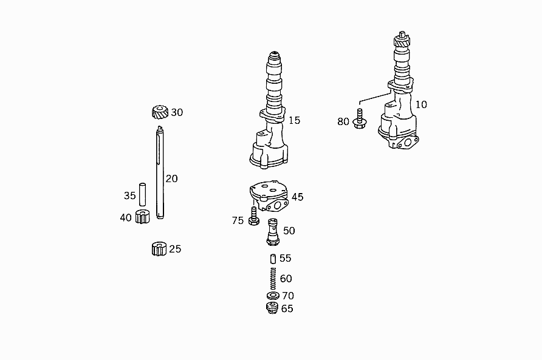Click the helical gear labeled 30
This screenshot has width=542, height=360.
click(x=160, y=112)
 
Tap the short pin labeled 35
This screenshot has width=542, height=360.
click(x=142, y=194)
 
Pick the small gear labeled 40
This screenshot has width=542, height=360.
click(x=142, y=217)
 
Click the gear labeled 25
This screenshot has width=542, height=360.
click(x=159, y=249)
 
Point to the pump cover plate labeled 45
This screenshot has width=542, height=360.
click(x=269, y=196)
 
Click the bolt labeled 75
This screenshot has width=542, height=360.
click(x=254, y=216)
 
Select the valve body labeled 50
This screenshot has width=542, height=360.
click(x=273, y=232)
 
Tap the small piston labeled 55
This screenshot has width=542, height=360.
click(x=273, y=259)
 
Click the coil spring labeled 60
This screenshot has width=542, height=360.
click(x=273, y=279)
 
